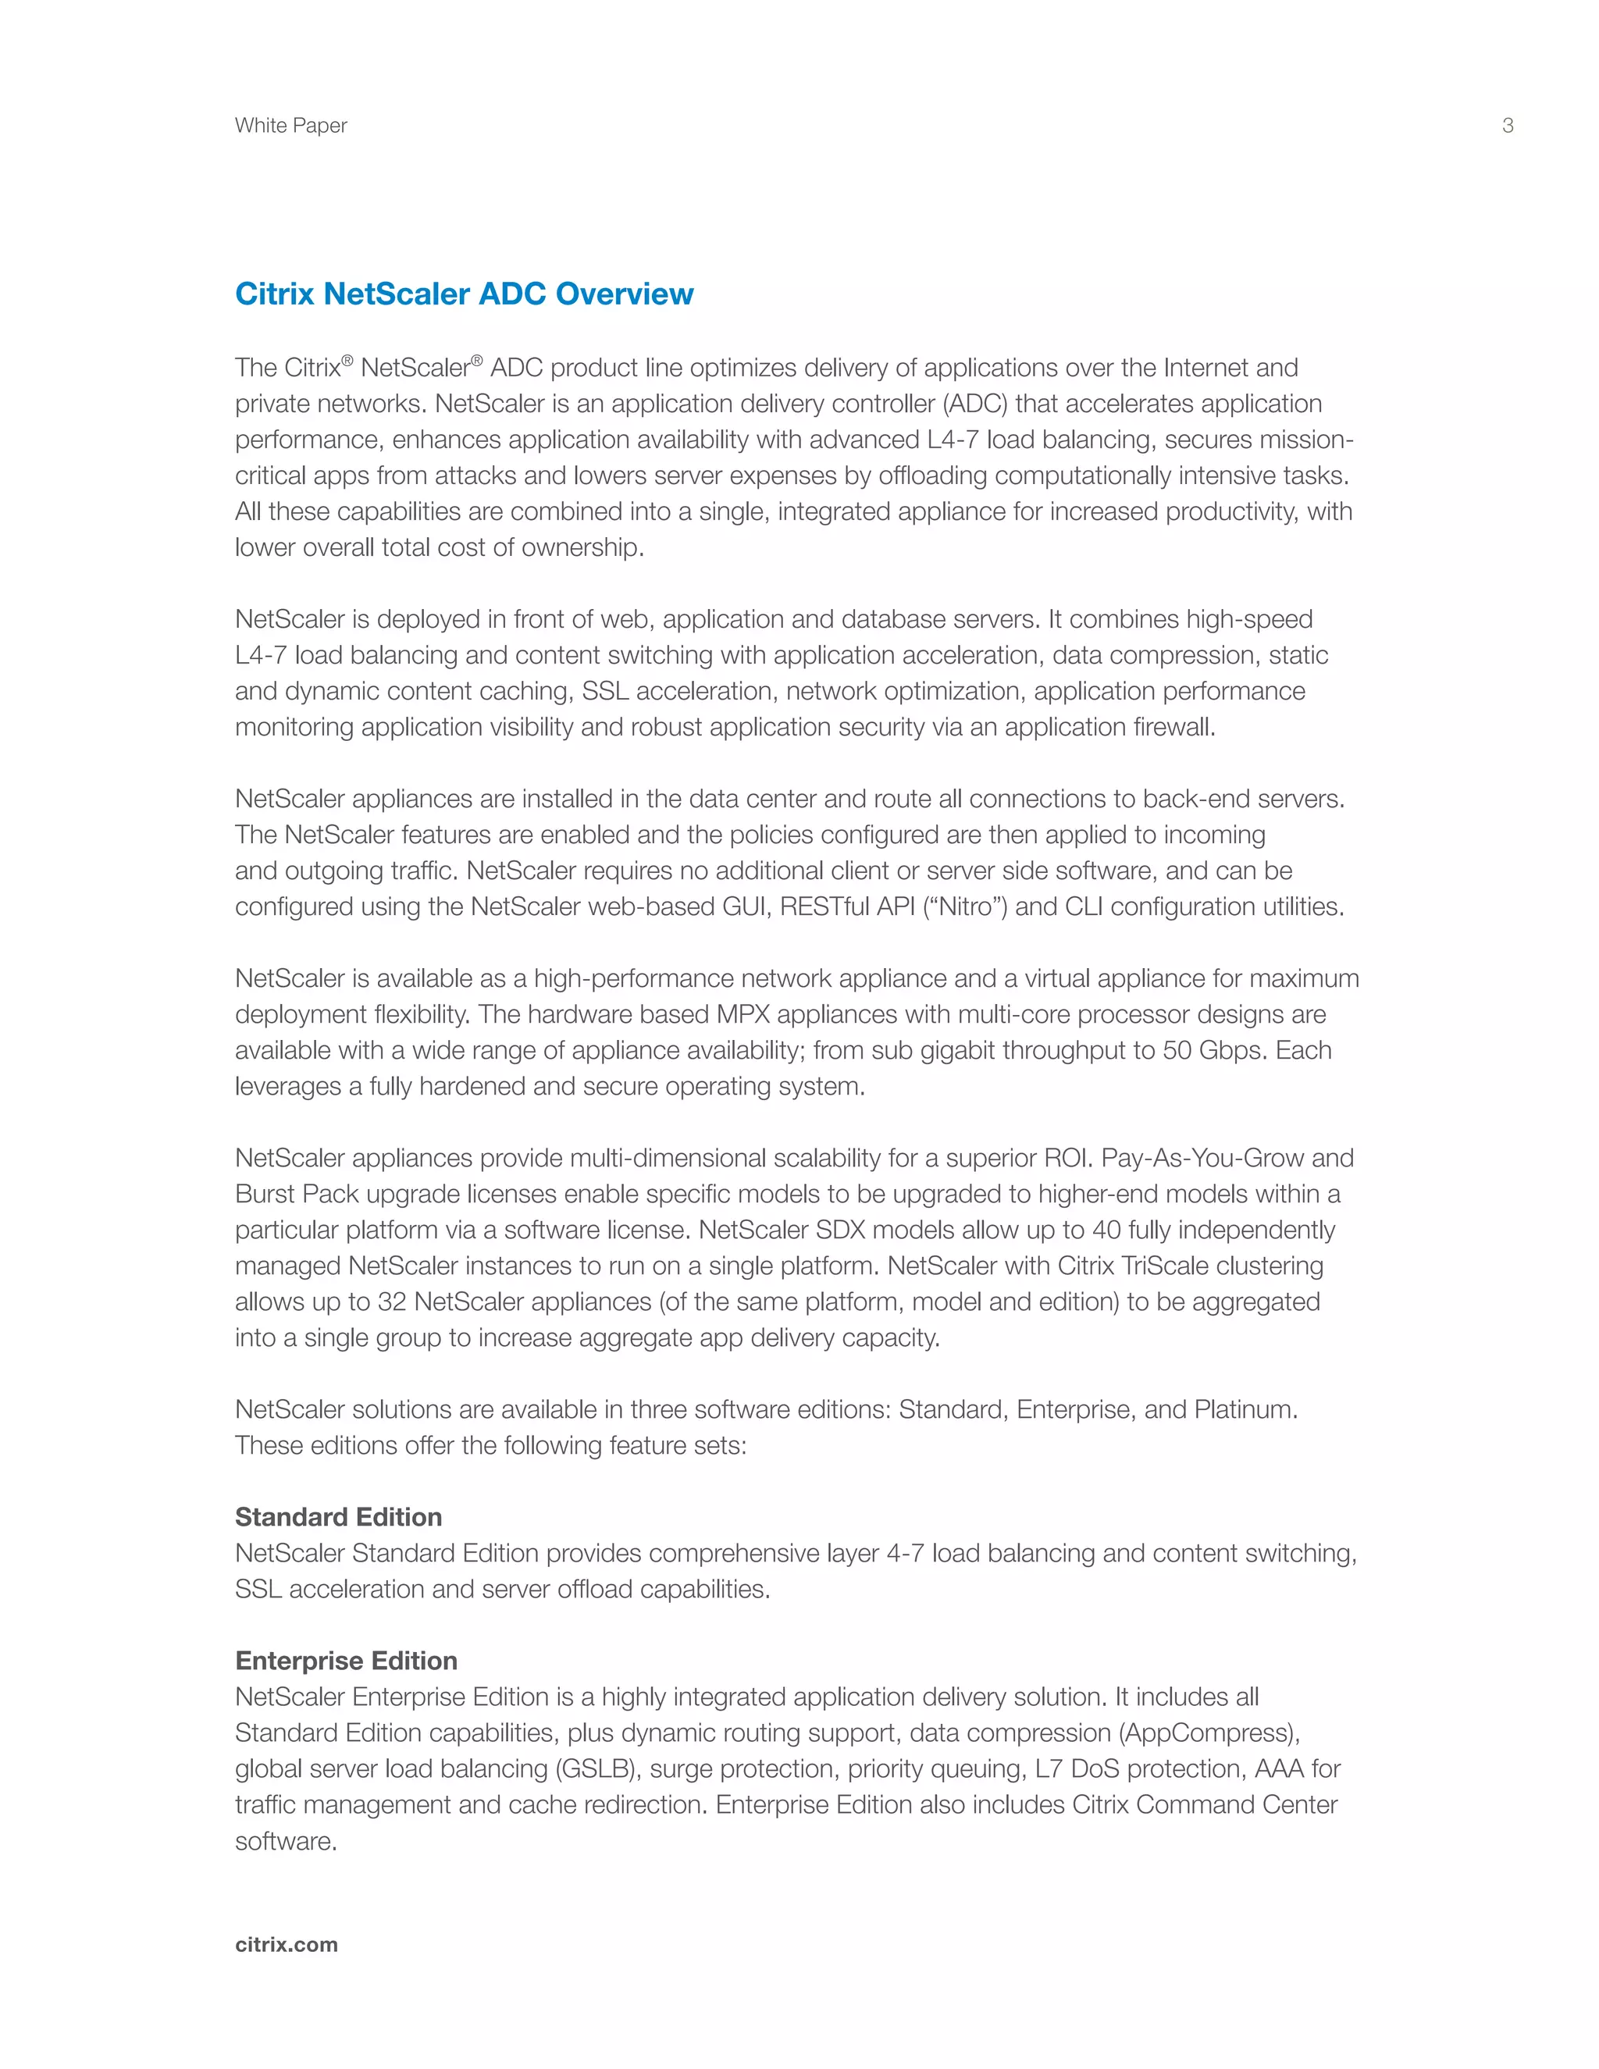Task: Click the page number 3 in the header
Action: (1507, 125)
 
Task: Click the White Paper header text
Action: (290, 125)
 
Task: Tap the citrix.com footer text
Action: (286, 1944)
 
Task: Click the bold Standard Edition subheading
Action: (338, 1517)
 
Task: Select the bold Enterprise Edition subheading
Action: (346, 1661)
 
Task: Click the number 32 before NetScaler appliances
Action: (391, 1302)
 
